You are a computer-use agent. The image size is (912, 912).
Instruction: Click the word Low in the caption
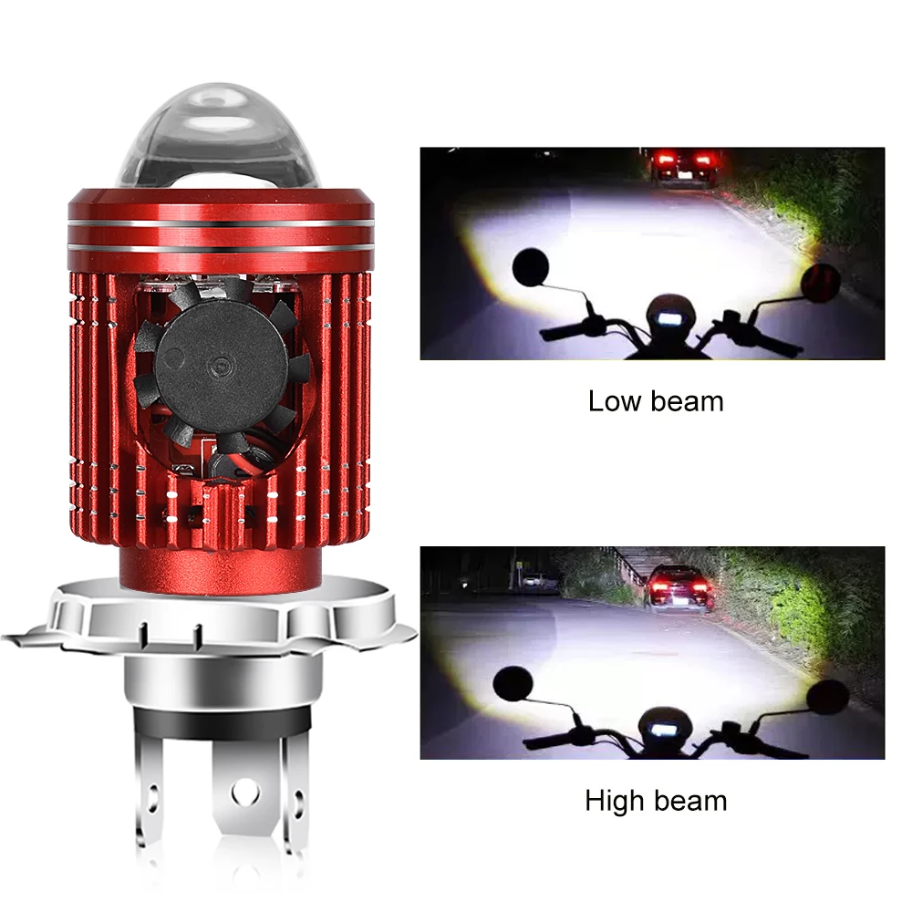point(613,401)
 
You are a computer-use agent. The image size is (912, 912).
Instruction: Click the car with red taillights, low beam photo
point(682,169)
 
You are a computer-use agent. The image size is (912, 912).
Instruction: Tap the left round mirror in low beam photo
point(529,266)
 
